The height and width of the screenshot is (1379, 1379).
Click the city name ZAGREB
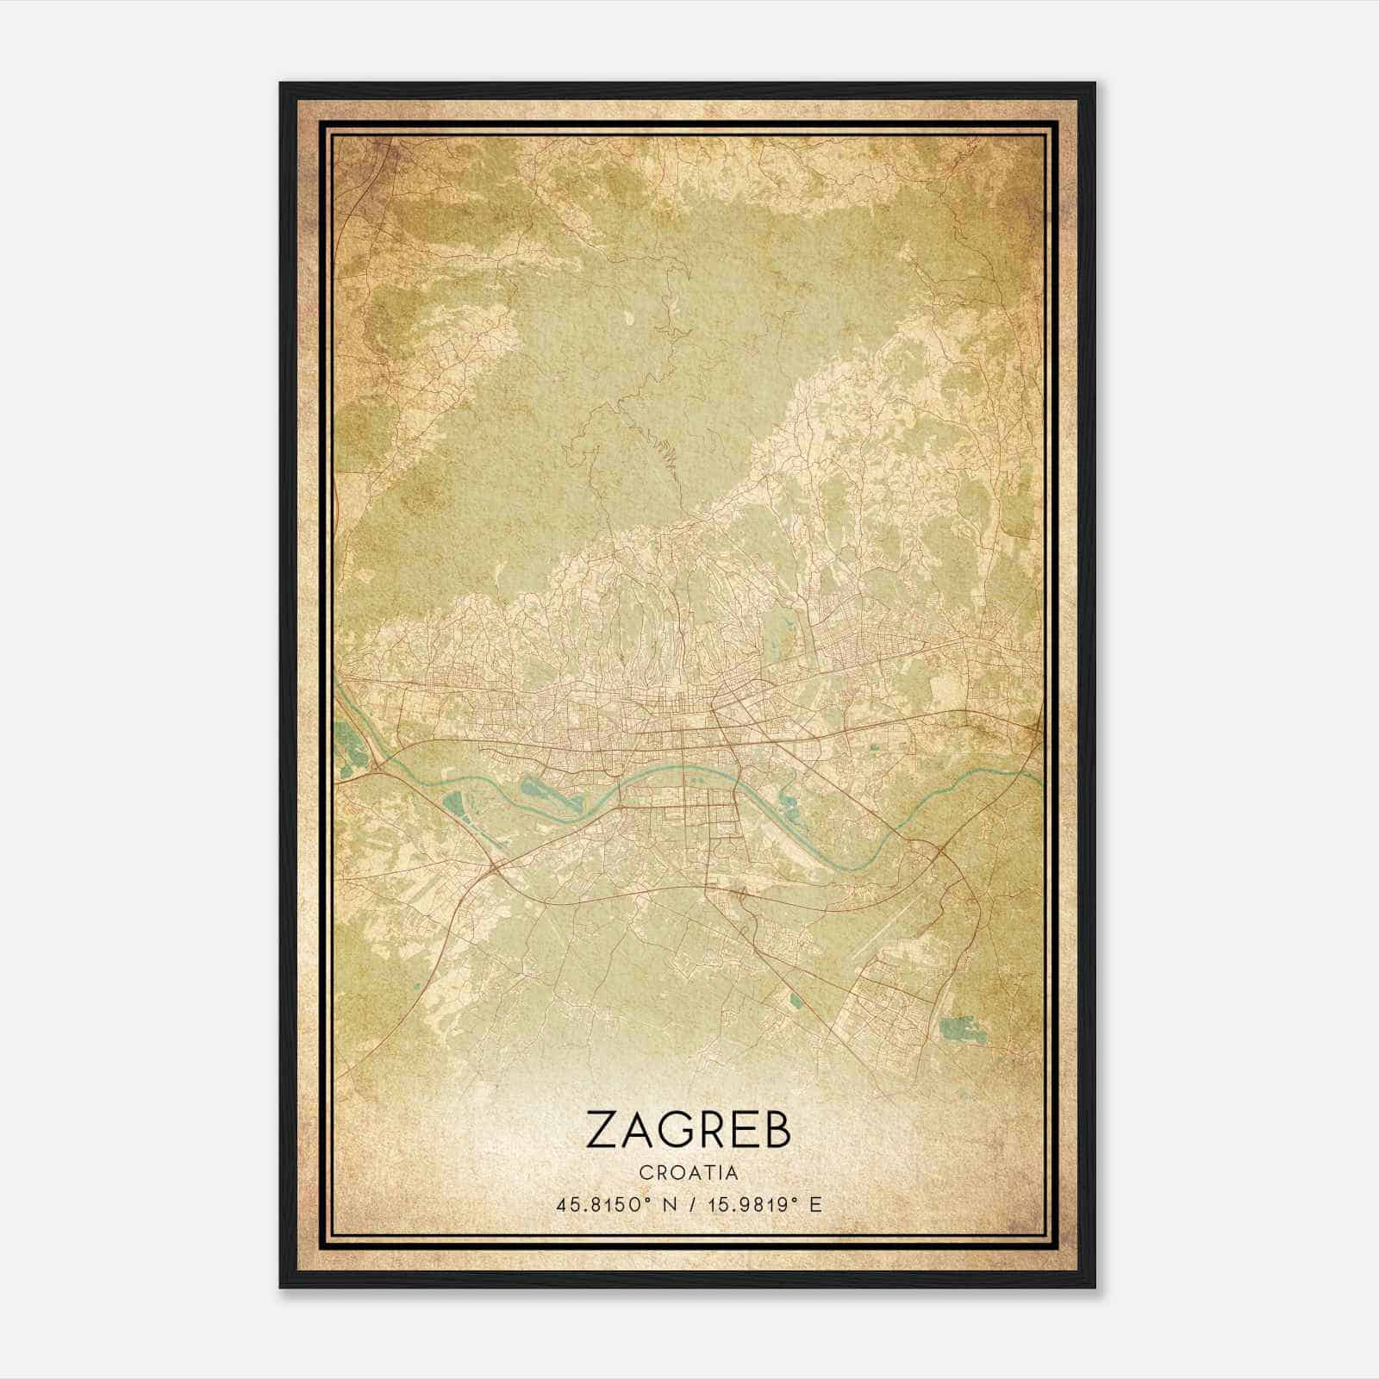click(688, 1129)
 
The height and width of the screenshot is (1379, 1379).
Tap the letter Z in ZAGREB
click(601, 1129)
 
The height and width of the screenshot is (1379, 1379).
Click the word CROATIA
click(689, 1172)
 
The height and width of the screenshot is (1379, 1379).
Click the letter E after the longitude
click(815, 1204)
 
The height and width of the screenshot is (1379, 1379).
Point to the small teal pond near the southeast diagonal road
click(793, 1000)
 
